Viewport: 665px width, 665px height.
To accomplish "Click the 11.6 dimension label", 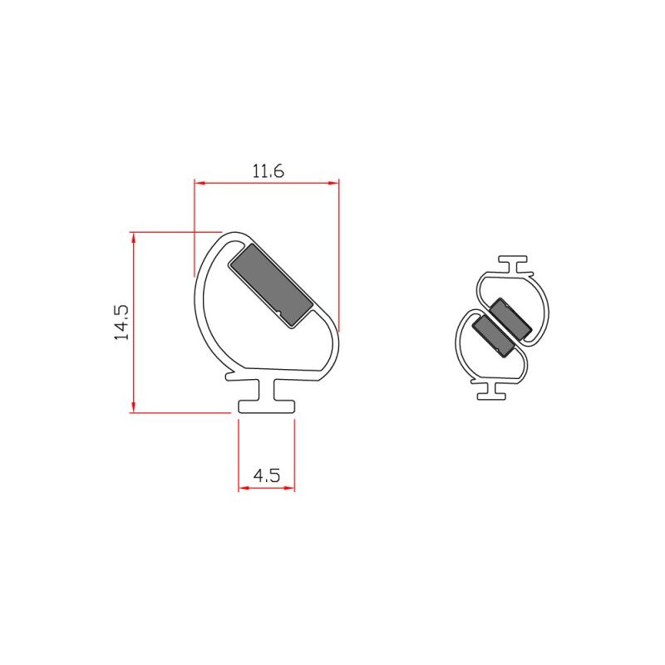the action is tap(268, 171).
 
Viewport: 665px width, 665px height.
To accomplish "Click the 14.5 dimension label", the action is tap(121, 323).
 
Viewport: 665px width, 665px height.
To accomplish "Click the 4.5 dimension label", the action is tap(267, 475).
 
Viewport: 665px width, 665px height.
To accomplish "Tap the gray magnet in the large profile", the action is tap(271, 285).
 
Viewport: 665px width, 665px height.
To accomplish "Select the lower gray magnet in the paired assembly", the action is tap(493, 336).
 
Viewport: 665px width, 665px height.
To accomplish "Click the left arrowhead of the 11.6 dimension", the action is tap(199, 183).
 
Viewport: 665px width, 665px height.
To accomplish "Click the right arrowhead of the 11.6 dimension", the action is tap(334, 183).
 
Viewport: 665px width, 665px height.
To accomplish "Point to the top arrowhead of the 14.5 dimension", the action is tap(134, 238).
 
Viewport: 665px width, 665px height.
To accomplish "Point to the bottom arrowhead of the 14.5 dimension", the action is tap(134, 406).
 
